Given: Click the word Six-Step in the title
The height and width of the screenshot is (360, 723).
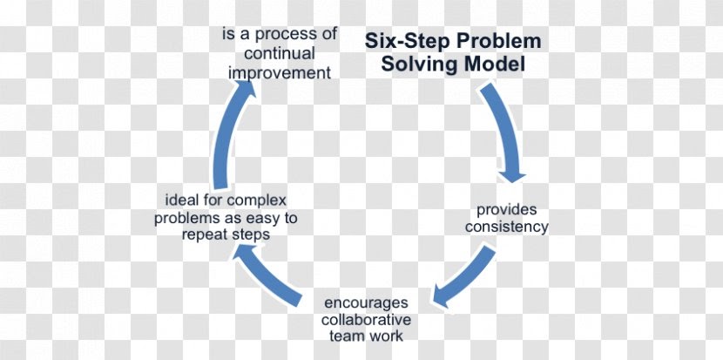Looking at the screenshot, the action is tap(404, 42).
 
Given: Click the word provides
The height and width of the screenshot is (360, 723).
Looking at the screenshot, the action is tap(506, 210).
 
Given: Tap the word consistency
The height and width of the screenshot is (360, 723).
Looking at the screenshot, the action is tap(506, 227).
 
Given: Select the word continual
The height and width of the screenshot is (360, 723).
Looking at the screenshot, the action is tap(279, 54).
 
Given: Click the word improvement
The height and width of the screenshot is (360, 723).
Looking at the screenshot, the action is tap(279, 72).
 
